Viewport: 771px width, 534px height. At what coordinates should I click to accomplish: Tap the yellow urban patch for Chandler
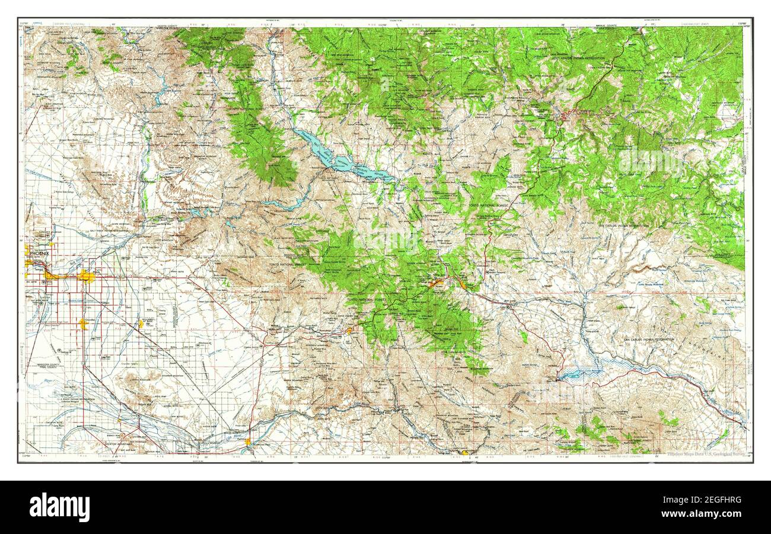point(83,323)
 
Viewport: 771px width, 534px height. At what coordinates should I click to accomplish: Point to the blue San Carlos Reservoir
point(578,373)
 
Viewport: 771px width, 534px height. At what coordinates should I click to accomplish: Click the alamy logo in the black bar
point(59,507)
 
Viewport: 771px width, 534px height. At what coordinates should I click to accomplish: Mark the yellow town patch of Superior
point(349,331)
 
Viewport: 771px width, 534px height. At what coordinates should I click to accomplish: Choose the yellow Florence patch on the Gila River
point(248,441)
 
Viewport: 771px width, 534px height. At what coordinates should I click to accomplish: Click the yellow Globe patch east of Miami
point(462,285)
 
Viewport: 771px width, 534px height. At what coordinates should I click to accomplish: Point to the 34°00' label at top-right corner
point(741,24)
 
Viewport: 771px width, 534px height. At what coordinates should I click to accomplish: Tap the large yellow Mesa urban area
point(87,277)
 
